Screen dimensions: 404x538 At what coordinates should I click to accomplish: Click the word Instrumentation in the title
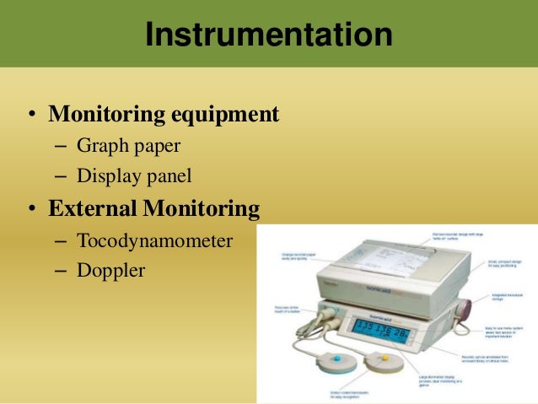click(268, 35)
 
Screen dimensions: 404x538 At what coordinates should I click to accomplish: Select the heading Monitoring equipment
click(164, 113)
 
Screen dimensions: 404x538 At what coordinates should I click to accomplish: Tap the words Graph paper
click(128, 145)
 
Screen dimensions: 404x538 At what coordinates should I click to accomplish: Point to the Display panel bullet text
click(134, 176)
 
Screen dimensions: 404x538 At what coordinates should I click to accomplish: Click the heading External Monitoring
click(154, 207)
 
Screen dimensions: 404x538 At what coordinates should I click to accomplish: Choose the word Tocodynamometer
click(154, 240)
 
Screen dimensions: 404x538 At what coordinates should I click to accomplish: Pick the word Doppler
click(110, 272)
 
